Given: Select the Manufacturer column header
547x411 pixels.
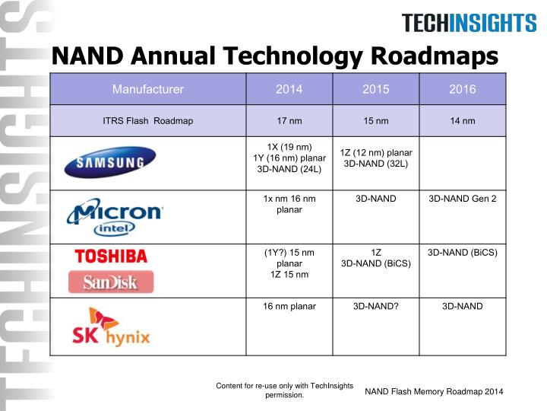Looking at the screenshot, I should tap(148, 89).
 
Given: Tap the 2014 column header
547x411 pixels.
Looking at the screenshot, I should tap(289, 89).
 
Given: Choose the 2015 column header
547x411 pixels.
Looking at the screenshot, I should tap(376, 89).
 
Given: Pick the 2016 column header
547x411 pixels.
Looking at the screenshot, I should tap(462, 89).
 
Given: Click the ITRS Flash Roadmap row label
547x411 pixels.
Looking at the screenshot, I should tap(148, 120).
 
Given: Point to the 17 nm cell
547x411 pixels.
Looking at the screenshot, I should tap(289, 120).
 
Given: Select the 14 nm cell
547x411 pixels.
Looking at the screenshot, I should tap(462, 120).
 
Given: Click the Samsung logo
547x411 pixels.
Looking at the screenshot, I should tap(109, 162).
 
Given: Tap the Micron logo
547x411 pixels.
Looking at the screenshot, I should tap(115, 210).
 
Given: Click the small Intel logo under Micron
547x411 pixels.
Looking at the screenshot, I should tap(115, 228).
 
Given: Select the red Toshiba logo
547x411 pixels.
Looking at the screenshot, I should tap(111, 256).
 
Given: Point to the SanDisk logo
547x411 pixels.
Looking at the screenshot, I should tap(111, 282).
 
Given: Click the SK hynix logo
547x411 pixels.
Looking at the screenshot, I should tap(111, 327).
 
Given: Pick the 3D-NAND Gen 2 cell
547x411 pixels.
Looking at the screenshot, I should tap(462, 199).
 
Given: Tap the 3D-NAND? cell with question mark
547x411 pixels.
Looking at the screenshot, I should tap(376, 306).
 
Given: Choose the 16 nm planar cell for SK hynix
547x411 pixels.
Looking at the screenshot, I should tap(289, 306).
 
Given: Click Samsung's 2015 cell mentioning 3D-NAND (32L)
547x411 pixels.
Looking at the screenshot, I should tap(376, 158).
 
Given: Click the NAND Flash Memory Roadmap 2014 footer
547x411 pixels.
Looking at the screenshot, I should tap(434, 391).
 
